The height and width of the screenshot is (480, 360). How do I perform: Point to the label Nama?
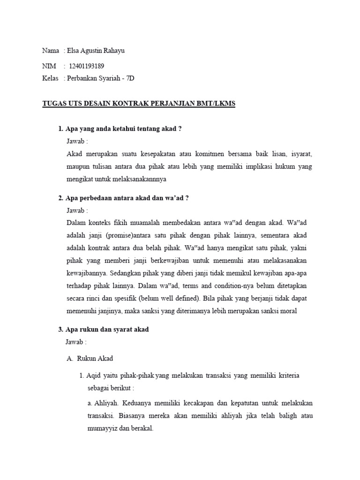click(x=51, y=51)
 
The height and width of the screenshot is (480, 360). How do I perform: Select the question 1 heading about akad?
click(x=120, y=129)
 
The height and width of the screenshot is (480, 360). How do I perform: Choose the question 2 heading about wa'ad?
click(x=123, y=198)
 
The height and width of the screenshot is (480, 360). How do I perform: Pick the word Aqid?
click(x=95, y=375)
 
